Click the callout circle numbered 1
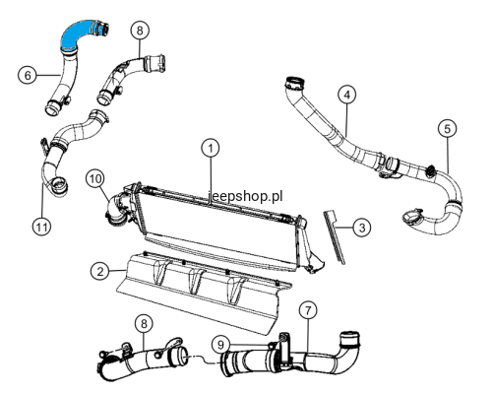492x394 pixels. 211,148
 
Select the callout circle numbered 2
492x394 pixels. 100,271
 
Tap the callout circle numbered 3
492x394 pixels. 362,228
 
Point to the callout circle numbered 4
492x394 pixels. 347,95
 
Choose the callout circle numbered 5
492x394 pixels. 448,129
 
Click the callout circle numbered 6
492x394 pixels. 28,75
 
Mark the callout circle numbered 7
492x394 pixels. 308,310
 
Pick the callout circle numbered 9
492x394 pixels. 220,345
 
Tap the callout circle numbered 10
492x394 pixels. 95,179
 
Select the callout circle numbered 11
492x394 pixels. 42,227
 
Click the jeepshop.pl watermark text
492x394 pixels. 245,196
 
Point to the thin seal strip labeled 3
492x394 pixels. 335,237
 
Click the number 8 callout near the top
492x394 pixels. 140,31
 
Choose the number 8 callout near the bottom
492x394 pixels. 144,324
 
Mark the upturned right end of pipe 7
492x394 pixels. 350,340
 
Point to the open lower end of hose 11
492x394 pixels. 59,185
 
